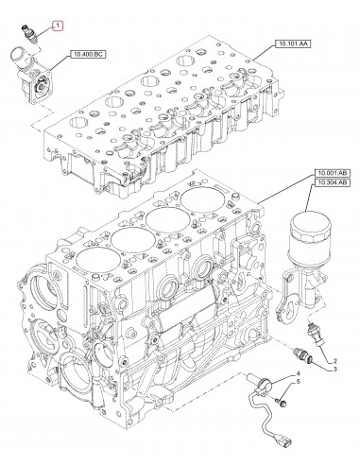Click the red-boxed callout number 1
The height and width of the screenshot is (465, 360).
[x=58, y=26]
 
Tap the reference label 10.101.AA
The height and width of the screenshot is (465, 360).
[x=293, y=43]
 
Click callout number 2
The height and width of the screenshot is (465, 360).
[x=334, y=361]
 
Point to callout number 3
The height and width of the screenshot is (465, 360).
[x=334, y=369]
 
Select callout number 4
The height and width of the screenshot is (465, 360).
[x=298, y=374]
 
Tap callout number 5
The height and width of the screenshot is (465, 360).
[x=298, y=382]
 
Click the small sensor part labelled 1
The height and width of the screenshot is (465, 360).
[x=30, y=33]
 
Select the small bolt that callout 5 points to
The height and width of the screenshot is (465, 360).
[x=282, y=402]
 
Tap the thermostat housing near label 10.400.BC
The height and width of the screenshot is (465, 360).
[x=31, y=75]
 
